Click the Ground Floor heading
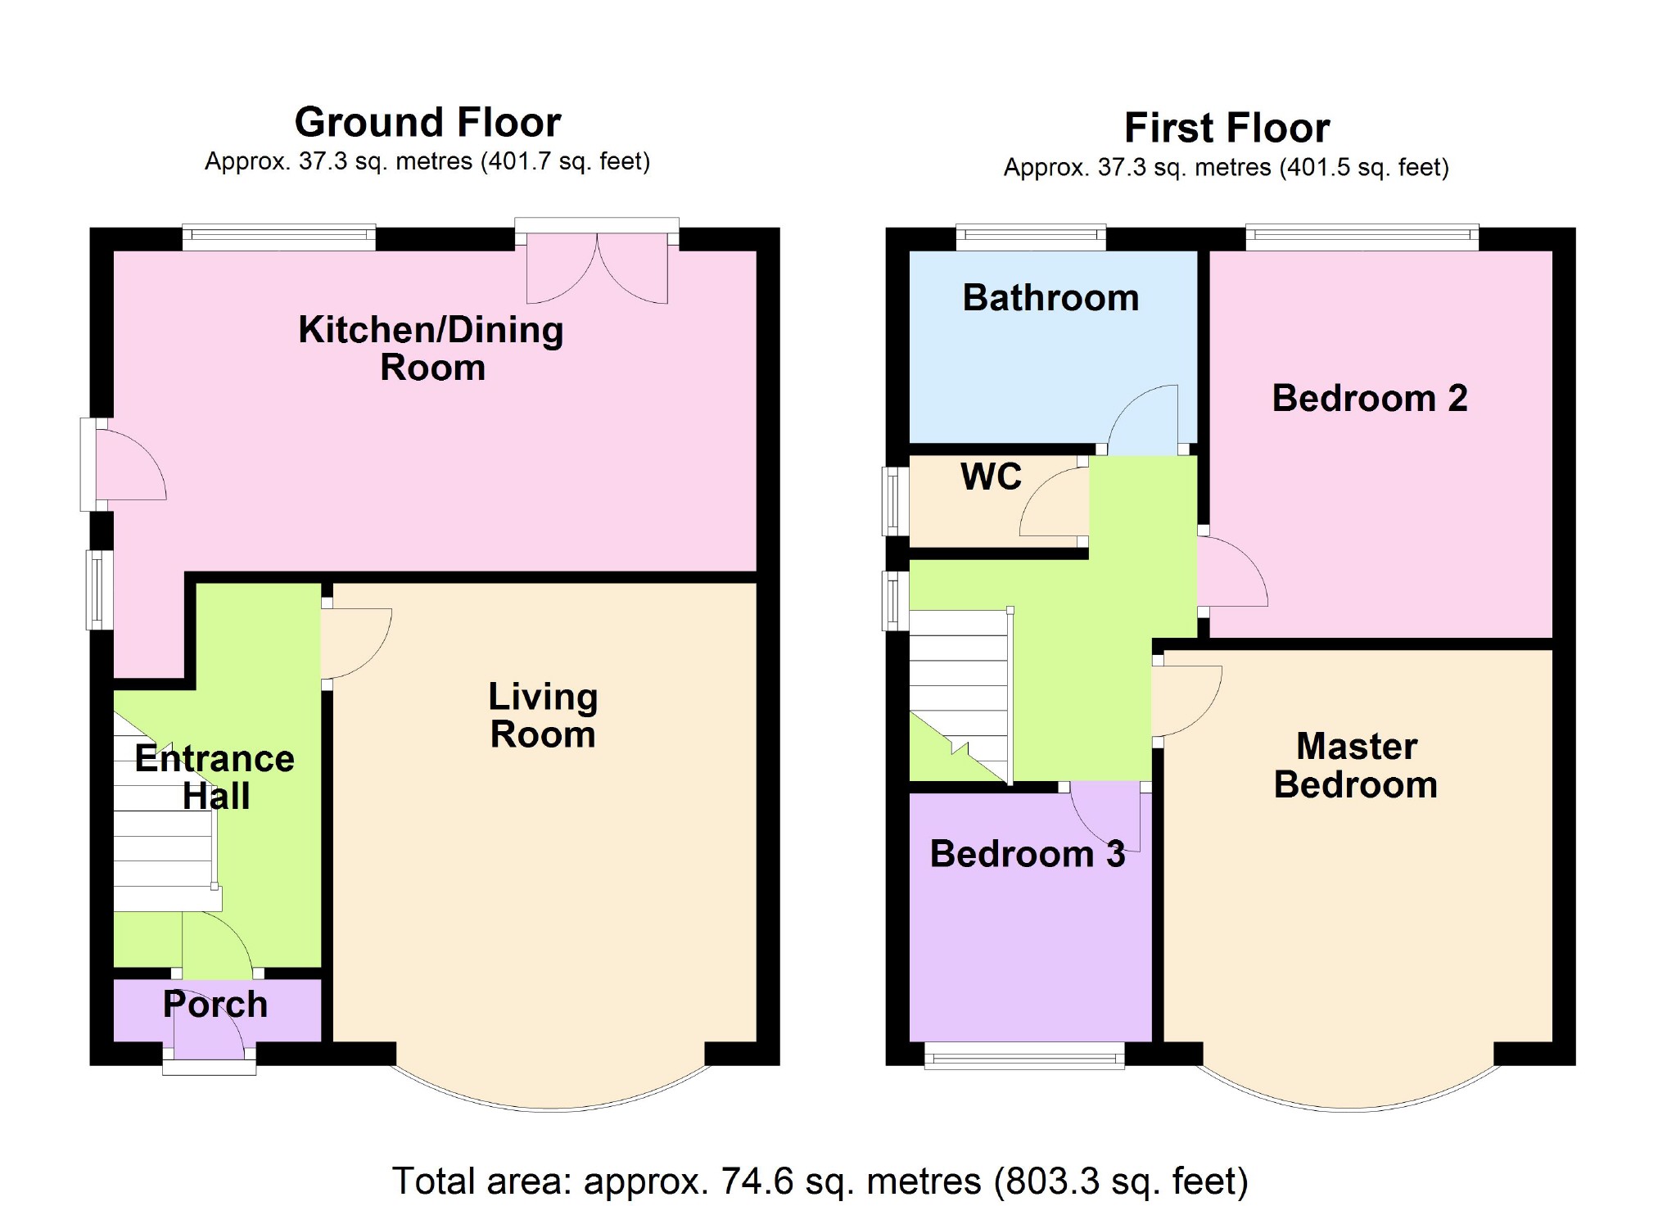coord(427,123)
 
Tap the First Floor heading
coord(1227,129)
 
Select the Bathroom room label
coord(1050,298)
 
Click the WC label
coord(991,477)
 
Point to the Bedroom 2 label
coord(1369,399)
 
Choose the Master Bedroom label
coord(1356,766)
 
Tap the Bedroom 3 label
coord(1027,855)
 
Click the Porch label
coord(215,1005)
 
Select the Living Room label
coord(543,716)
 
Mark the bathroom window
coord(1031,237)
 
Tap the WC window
coord(895,500)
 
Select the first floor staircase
coord(960,696)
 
